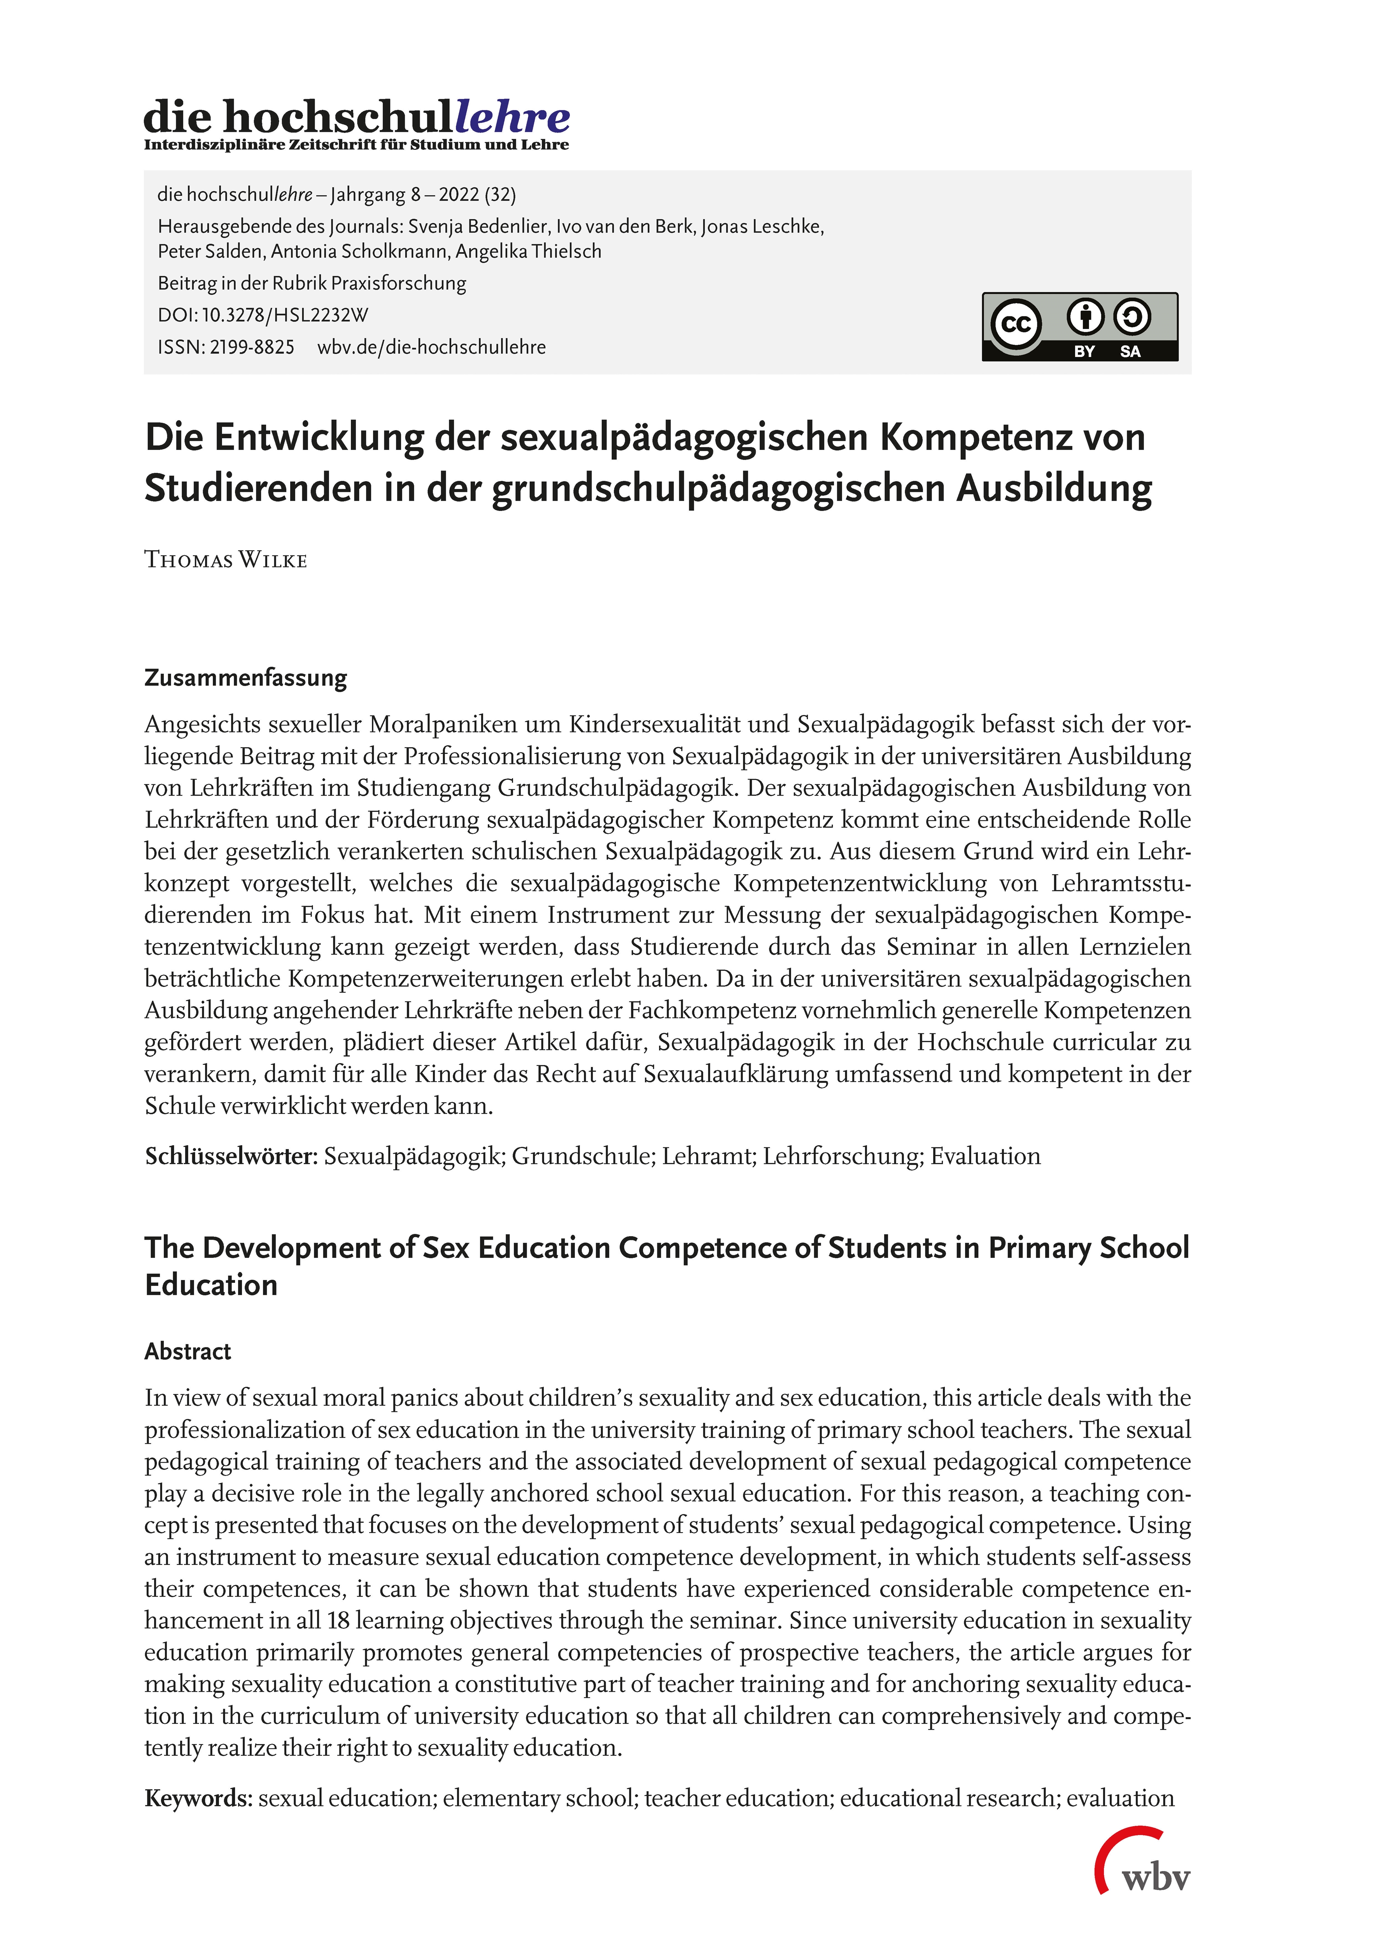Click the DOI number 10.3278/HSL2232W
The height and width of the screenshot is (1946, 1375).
[285, 315]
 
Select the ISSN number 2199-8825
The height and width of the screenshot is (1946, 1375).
[252, 348]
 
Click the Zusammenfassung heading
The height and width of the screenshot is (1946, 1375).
[246, 678]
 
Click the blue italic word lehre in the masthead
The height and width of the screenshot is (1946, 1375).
[513, 117]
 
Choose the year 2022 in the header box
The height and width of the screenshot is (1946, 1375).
[458, 195]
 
